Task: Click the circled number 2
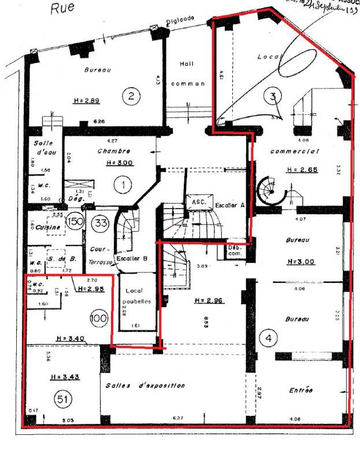pyautogui.click(x=131, y=95)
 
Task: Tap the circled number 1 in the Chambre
pyautogui.click(x=122, y=185)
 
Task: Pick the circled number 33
pyautogui.click(x=101, y=223)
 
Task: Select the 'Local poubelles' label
pyautogui.click(x=138, y=297)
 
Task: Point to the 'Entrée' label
pyautogui.click(x=300, y=391)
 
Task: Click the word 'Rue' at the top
pyautogui.click(x=60, y=8)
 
